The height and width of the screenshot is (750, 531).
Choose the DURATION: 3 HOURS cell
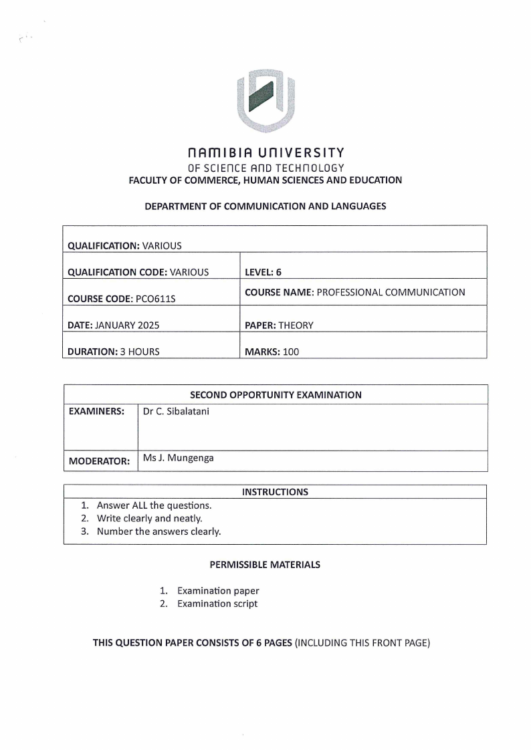click(x=114, y=352)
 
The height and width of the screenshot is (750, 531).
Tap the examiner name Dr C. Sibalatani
click(x=176, y=411)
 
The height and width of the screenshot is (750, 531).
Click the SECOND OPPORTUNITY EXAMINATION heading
click(x=276, y=395)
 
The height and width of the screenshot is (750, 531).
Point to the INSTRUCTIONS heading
click(x=275, y=492)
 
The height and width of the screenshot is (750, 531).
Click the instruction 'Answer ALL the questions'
click(x=154, y=505)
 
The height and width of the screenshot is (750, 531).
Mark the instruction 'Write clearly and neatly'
click(x=149, y=518)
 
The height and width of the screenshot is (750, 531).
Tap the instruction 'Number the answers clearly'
click(x=158, y=531)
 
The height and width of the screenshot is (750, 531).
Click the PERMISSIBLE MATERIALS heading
click(x=265, y=564)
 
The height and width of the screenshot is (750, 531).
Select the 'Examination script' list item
click(x=217, y=604)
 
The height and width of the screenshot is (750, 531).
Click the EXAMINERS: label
click(x=97, y=412)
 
